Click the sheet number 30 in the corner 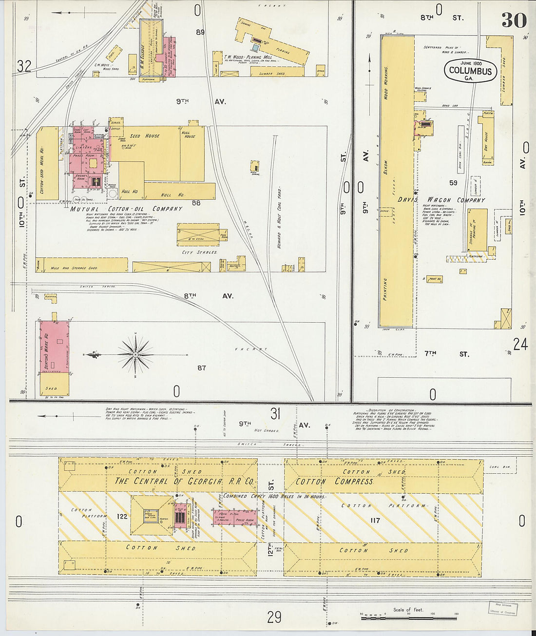coord(514,20)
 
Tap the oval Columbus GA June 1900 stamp coord(470,71)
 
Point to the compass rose coord(135,354)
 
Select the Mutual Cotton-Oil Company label coord(126,209)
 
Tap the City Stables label coord(200,252)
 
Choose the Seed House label coord(145,136)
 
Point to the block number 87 coord(201,368)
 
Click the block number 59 coord(453,183)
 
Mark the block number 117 coord(374,520)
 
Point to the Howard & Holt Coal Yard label coord(279,217)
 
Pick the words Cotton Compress coord(334,482)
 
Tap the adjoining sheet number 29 coord(274,617)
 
